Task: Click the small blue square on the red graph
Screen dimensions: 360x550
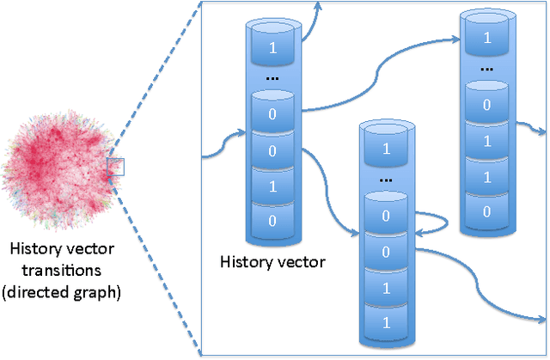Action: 116,166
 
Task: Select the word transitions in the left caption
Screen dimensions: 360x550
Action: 60,271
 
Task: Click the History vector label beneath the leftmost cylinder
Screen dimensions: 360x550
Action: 272,261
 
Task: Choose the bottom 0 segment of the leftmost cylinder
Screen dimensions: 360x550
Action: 273,220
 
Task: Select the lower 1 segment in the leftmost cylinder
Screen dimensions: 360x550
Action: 273,185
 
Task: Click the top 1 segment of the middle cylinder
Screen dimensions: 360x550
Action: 387,149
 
